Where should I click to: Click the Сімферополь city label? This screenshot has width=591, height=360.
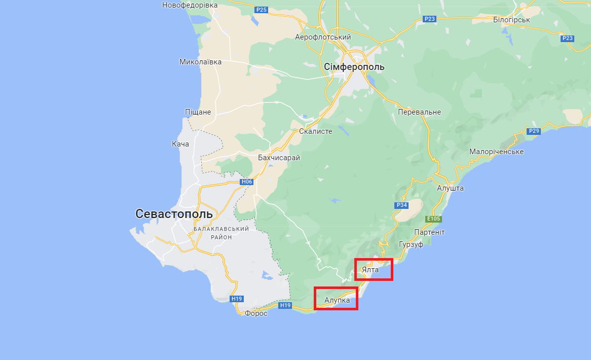click(354, 67)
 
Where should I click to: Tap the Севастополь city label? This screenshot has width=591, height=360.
click(174, 214)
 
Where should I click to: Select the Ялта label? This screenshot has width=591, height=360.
click(371, 270)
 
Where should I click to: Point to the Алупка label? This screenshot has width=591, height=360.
click(337, 301)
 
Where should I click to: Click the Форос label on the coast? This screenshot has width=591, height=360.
click(256, 314)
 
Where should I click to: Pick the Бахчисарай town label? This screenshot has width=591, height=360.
click(279, 158)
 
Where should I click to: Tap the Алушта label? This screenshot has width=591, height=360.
click(450, 188)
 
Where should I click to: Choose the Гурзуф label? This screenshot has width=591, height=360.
click(411, 244)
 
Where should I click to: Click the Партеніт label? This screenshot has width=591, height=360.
click(429, 232)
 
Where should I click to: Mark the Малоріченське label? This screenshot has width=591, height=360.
click(496, 152)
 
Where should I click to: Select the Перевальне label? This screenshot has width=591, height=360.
click(419, 112)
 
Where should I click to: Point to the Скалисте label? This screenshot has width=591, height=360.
click(316, 131)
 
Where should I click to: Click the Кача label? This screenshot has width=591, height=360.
click(180, 144)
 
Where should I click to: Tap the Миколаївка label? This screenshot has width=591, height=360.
click(200, 62)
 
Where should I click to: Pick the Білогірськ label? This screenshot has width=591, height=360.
click(511, 20)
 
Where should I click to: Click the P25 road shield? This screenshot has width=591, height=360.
click(261, 10)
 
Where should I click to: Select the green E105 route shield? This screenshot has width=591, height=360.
click(434, 219)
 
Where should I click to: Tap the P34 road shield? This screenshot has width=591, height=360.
click(401, 205)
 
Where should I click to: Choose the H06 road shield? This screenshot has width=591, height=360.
click(247, 182)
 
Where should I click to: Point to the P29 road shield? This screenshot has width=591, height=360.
click(534, 131)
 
